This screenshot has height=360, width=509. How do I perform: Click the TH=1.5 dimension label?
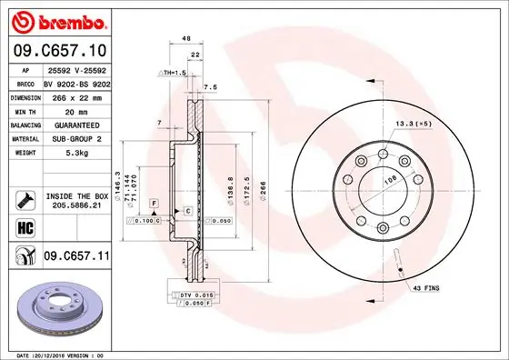(173, 71)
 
